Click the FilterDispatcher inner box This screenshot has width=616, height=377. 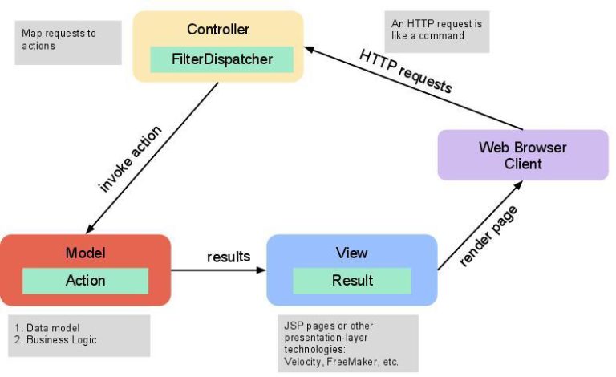(x=222, y=59)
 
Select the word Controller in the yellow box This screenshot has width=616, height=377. (x=218, y=30)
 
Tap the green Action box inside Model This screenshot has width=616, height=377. (x=85, y=280)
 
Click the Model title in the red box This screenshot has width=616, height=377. (x=85, y=253)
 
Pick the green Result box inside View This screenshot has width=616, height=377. (x=352, y=280)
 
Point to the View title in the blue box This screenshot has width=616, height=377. (x=352, y=253)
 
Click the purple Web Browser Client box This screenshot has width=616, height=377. (x=522, y=155)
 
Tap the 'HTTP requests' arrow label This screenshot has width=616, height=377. (x=406, y=70)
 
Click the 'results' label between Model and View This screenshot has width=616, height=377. (x=229, y=257)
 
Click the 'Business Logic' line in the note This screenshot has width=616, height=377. (x=60, y=340)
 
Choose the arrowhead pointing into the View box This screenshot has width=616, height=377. (x=261, y=270)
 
